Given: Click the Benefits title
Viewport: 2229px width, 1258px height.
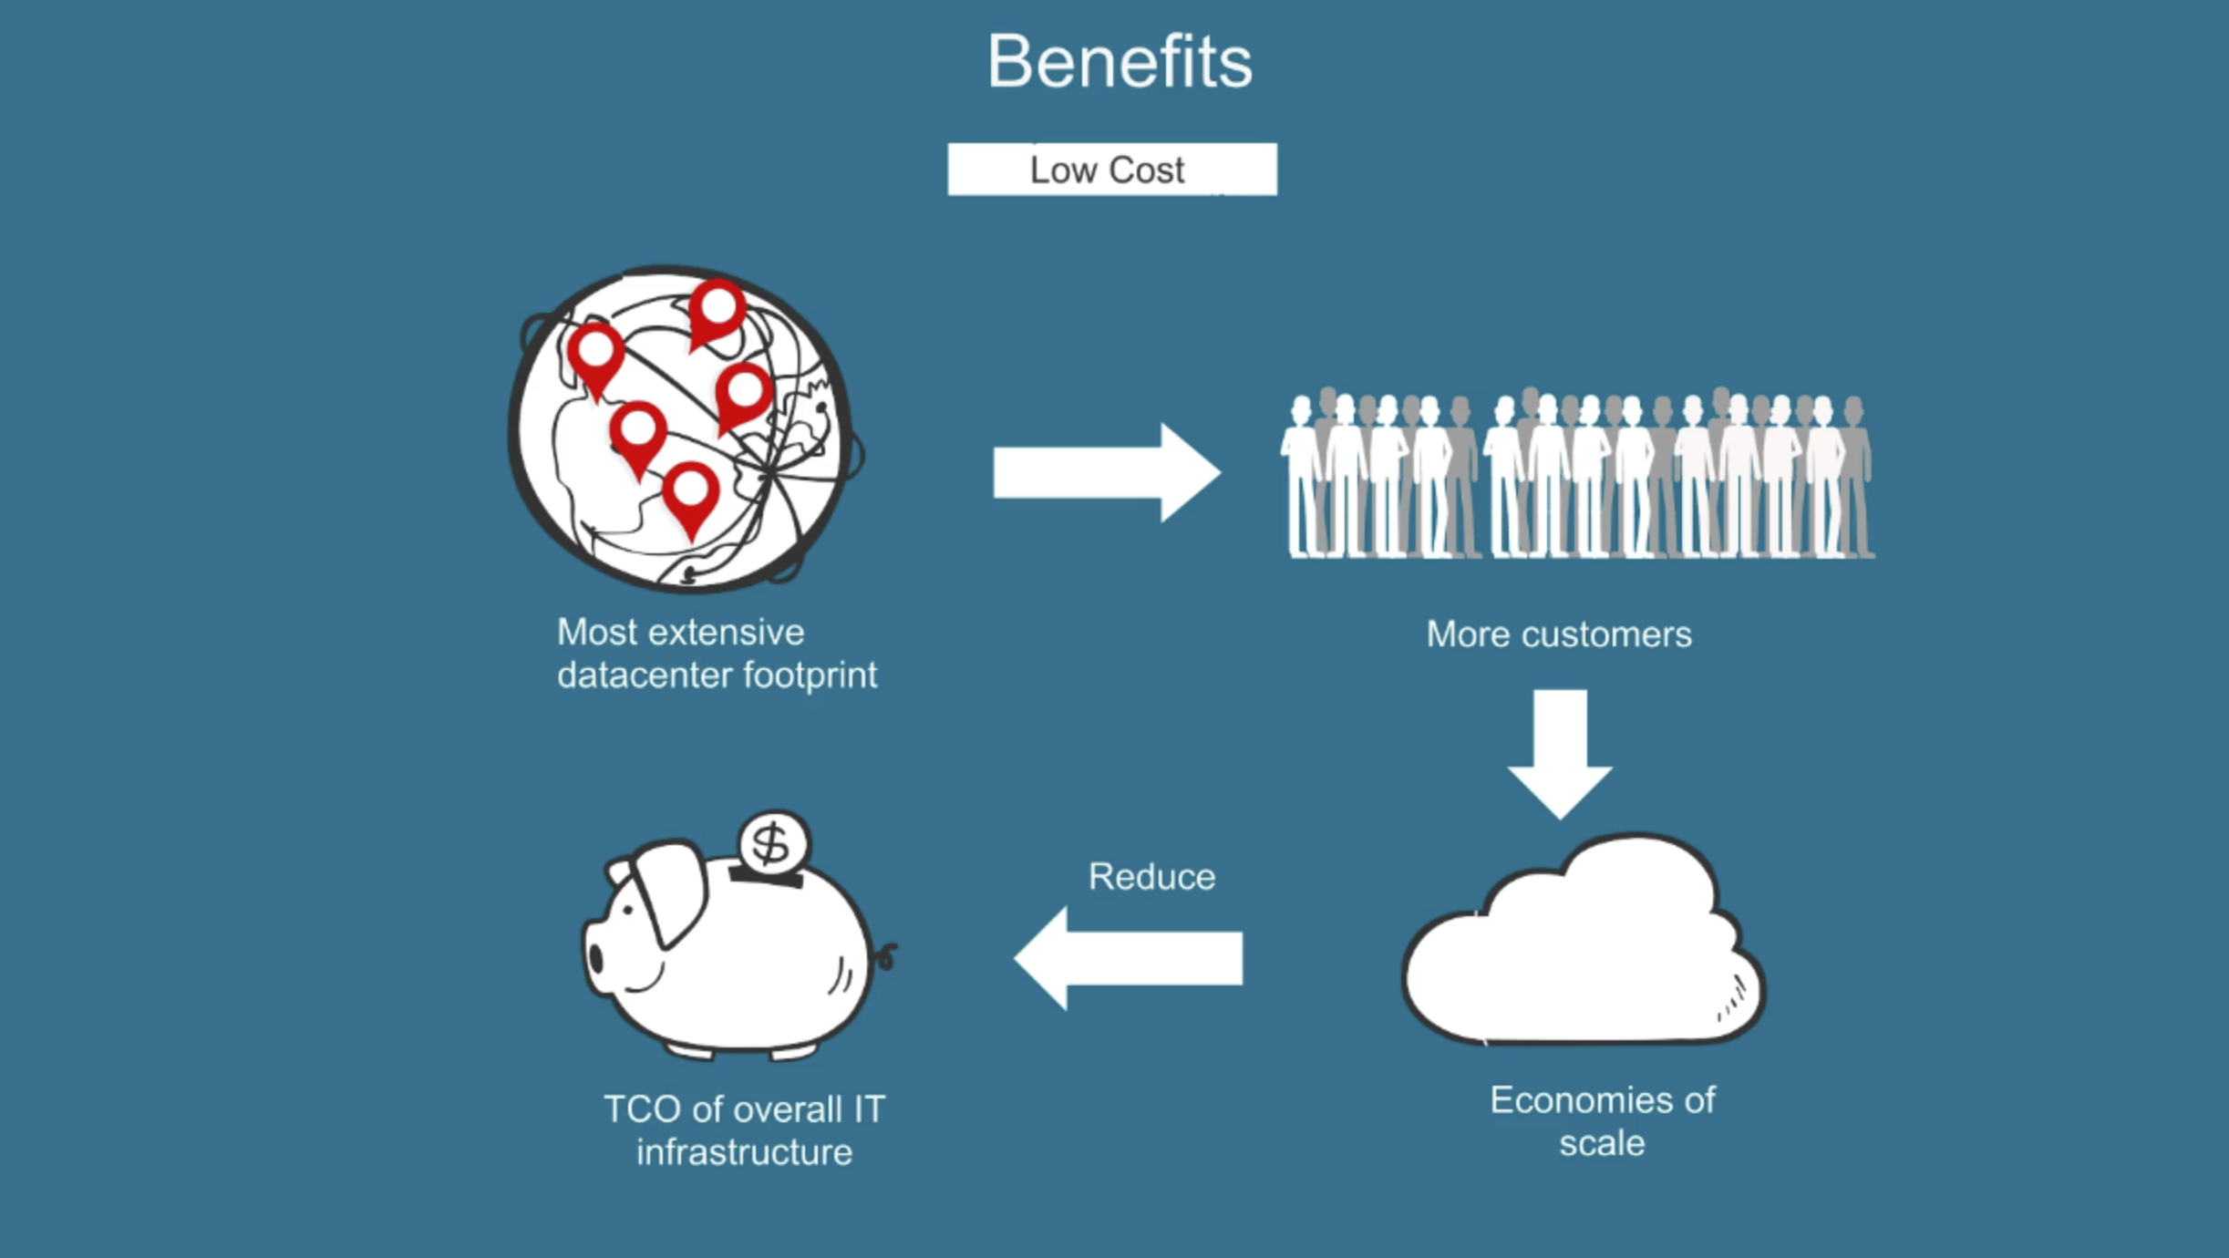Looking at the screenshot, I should tap(1120, 62).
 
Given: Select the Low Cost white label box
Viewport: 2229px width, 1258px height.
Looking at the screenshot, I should tap(1111, 170).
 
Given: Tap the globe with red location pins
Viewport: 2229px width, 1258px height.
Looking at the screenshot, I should tap(684, 428).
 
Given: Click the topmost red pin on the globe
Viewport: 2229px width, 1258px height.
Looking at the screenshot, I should tap(717, 310).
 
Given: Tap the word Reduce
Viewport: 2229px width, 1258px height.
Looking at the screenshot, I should tap(1151, 877).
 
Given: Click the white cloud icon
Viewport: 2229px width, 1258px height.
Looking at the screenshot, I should tap(1582, 948).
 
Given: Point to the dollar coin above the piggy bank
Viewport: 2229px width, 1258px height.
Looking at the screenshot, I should tap(773, 842).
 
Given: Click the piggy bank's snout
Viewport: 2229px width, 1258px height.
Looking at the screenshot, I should tap(597, 957).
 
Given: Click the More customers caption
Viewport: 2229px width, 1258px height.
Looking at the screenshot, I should tap(1558, 634).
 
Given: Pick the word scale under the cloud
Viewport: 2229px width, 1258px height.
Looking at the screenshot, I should tap(1602, 1143).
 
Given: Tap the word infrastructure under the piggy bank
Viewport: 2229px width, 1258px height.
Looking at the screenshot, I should tap(744, 1153).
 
